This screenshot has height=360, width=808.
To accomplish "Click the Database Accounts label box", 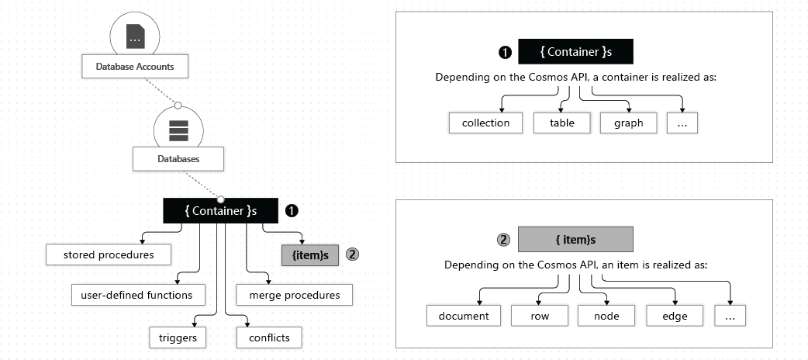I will click(x=135, y=67).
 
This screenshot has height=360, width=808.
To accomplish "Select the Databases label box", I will click(x=178, y=159).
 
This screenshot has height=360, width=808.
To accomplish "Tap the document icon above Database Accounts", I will click(x=136, y=36).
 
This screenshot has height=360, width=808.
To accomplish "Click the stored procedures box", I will click(x=108, y=254).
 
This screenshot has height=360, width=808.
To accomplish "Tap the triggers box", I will click(x=178, y=337).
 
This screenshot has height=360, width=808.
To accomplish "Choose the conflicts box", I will click(x=268, y=337).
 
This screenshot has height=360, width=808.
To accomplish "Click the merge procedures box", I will click(x=294, y=295).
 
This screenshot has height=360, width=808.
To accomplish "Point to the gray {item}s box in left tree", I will click(x=309, y=254).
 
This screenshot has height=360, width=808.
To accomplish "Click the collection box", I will click(x=485, y=123).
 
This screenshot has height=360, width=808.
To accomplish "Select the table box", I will click(x=561, y=123).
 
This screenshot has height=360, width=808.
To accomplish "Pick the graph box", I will click(x=628, y=123).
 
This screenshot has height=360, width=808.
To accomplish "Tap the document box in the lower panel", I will click(x=464, y=316).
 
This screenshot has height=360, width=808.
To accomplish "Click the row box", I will click(x=540, y=316).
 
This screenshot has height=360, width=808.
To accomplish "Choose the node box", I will click(x=606, y=316).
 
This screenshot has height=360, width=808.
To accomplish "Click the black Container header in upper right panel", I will click(x=575, y=52).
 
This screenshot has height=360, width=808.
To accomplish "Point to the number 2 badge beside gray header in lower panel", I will click(x=504, y=239).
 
